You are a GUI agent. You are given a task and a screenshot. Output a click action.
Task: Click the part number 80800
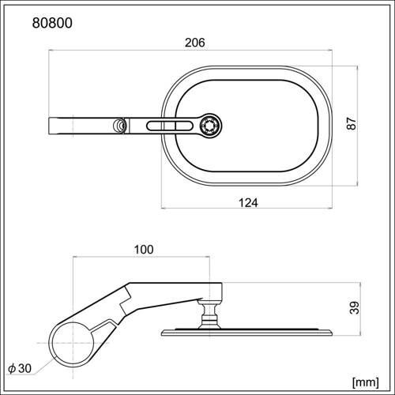click(x=52, y=24)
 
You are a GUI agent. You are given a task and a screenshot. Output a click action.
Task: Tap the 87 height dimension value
click(x=352, y=124)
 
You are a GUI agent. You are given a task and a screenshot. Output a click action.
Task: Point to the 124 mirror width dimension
click(x=249, y=202)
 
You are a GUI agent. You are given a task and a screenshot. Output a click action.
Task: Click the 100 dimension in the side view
click(x=142, y=250)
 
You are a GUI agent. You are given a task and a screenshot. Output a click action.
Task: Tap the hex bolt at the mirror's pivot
click(x=210, y=124)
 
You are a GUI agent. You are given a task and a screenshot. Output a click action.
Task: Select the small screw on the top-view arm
click(x=119, y=125)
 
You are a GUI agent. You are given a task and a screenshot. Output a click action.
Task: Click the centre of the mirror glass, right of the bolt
click(x=269, y=124)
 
